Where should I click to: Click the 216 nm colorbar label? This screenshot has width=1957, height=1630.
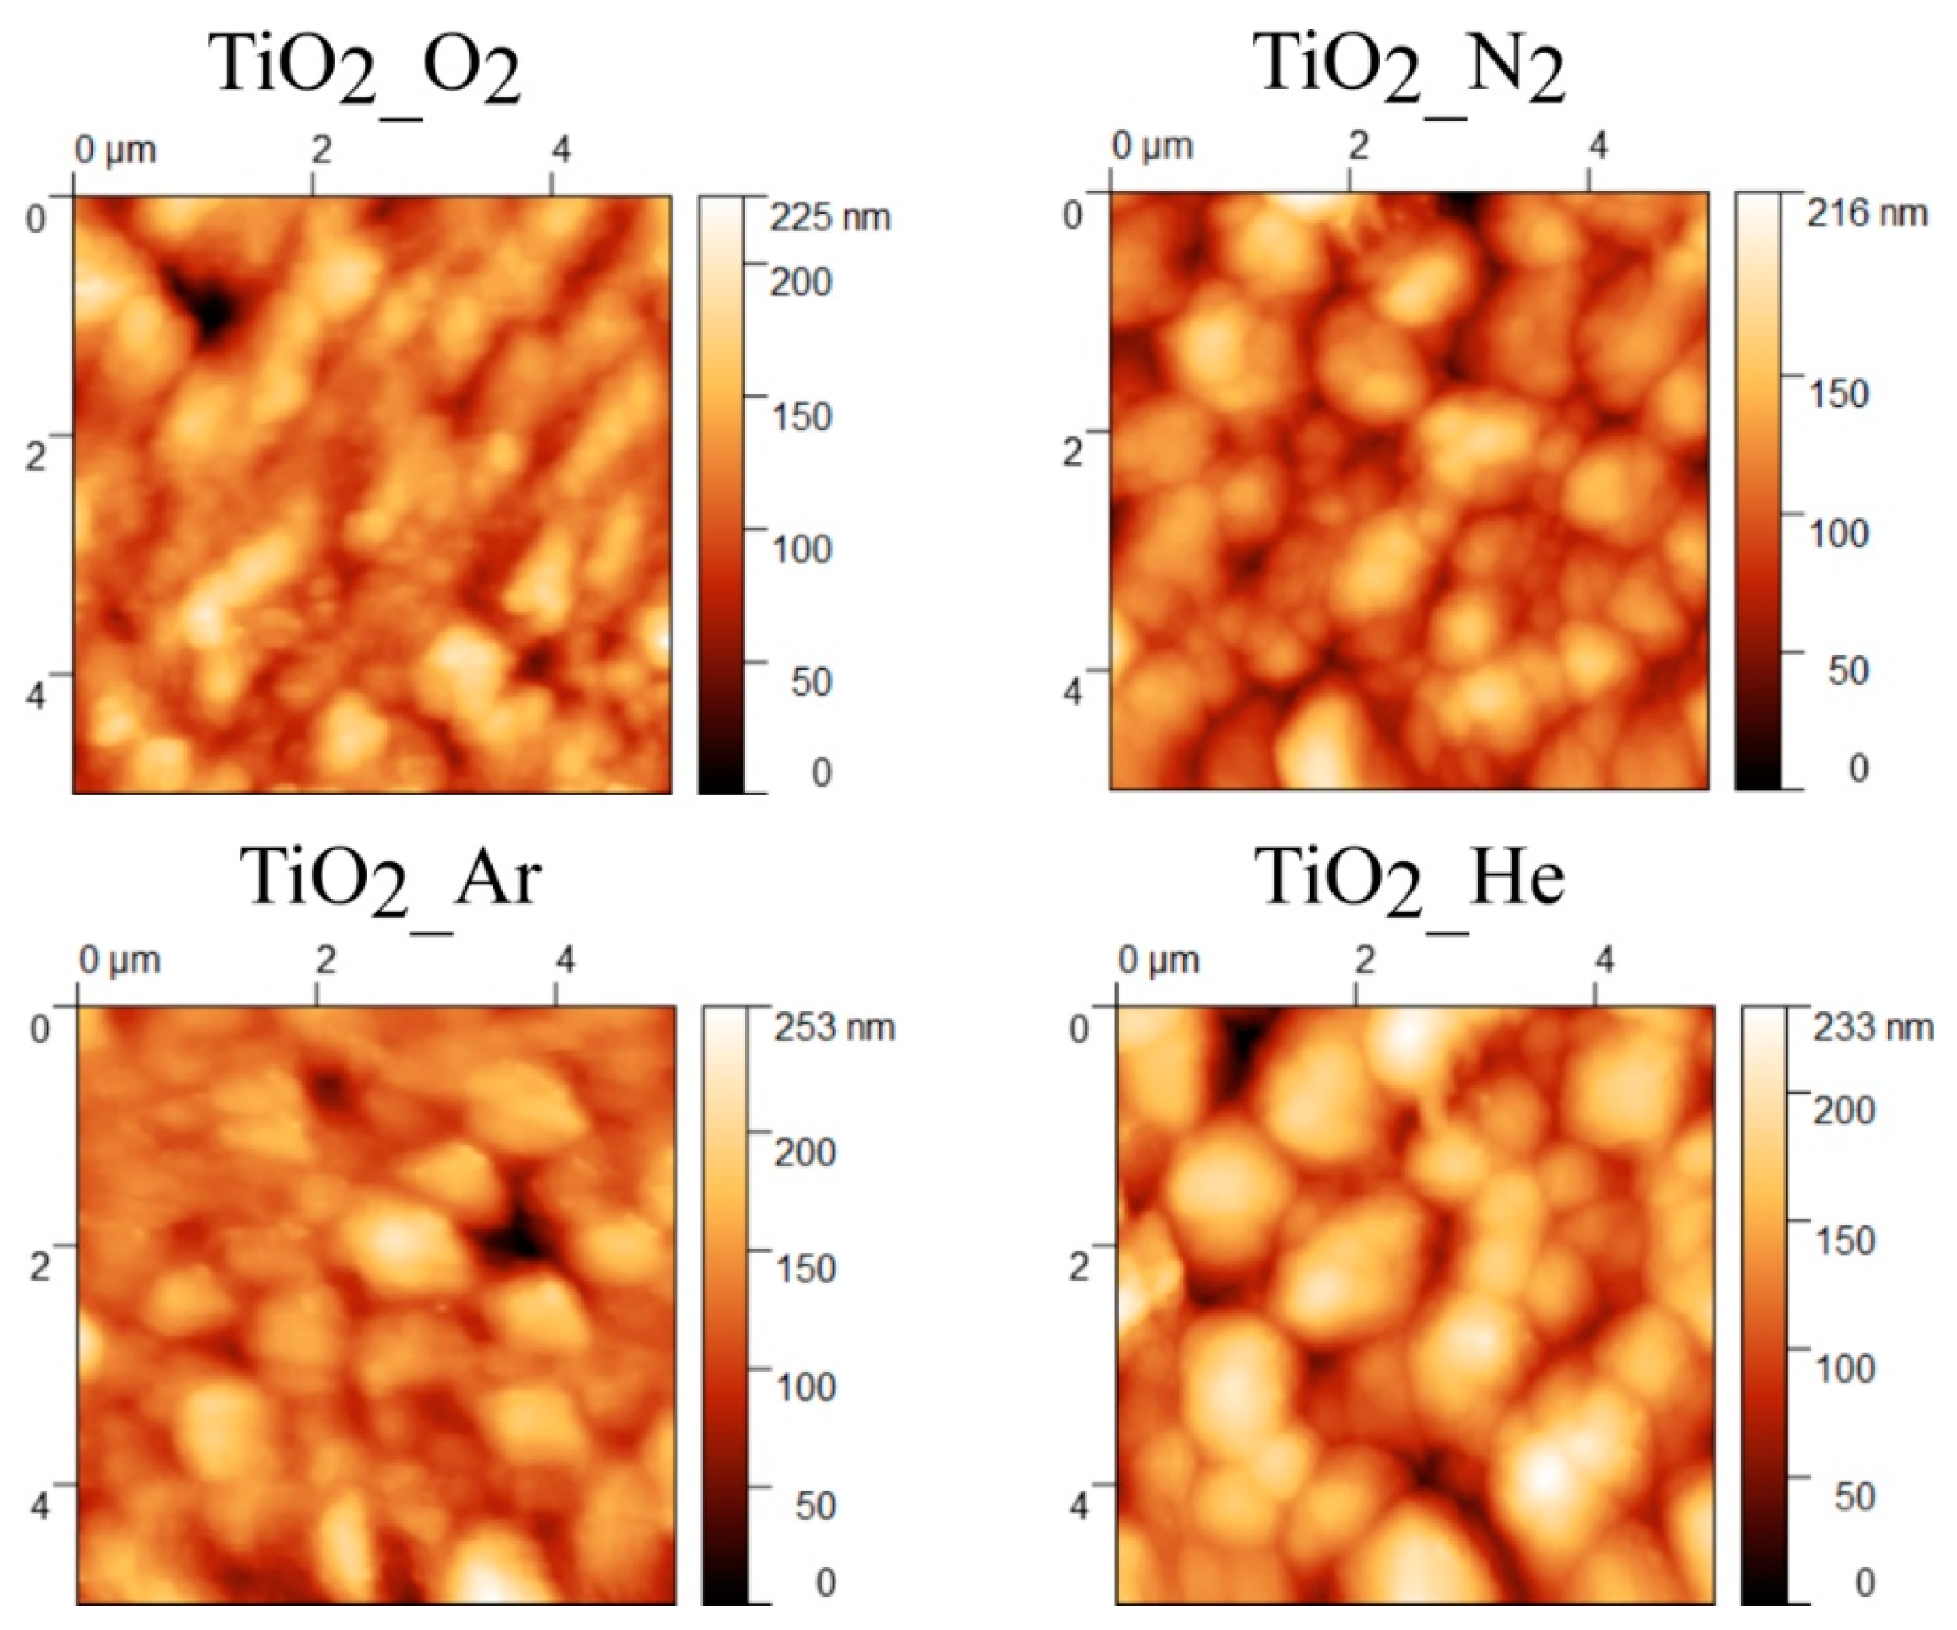click(x=1867, y=213)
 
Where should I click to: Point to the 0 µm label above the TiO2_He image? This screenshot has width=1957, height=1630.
click(x=1157, y=961)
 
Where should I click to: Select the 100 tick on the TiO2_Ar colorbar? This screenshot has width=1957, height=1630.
click(x=806, y=1386)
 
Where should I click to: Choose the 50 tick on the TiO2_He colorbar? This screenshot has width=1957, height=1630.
click(x=1854, y=1496)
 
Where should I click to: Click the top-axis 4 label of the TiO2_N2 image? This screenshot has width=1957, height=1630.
click(x=1598, y=146)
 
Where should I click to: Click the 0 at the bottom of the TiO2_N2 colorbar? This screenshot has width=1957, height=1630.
click(x=1858, y=768)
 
